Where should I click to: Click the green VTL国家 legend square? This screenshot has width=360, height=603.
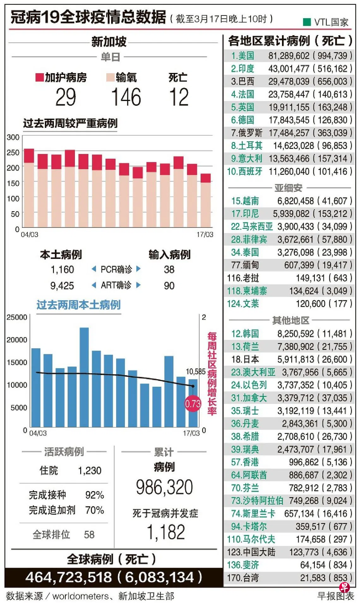[x=307, y=22]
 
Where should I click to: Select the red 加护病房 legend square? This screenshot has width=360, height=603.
[x=39, y=77]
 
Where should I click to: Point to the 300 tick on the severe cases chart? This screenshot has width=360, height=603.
[x=13, y=137]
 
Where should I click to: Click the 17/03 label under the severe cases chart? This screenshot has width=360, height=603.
[x=205, y=235]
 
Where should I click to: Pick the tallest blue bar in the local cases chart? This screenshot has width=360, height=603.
[x=84, y=377]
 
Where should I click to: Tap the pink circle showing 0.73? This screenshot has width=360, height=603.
[x=193, y=403]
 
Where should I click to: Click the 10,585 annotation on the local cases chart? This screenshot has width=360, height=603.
[x=195, y=372]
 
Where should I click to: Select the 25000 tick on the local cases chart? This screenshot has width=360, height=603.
[x=17, y=317]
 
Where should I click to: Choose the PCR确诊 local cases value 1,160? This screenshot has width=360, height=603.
[x=62, y=270]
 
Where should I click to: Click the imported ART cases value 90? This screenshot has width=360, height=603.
[x=169, y=286]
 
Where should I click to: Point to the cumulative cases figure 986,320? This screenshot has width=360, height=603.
[x=164, y=487]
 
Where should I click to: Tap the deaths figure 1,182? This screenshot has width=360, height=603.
[x=166, y=532]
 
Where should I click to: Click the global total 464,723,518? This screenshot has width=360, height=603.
[x=69, y=577]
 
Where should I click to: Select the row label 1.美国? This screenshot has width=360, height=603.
[x=243, y=56]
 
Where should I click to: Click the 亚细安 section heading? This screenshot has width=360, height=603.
[x=288, y=188]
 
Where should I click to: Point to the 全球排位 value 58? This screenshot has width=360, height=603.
[x=89, y=534]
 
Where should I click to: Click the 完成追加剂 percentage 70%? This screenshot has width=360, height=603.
[x=94, y=510]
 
